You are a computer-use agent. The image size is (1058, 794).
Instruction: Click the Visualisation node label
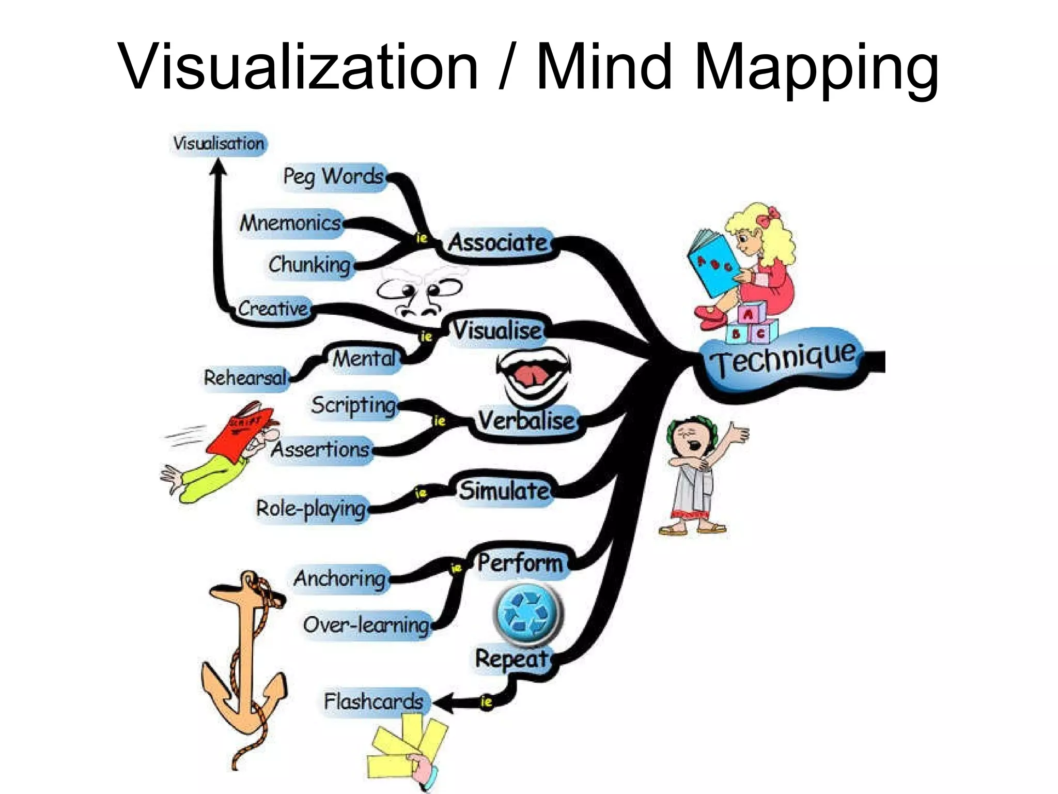tap(219, 143)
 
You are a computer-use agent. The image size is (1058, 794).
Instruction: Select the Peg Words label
tap(334, 176)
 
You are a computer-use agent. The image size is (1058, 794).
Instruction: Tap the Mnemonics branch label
tap(291, 223)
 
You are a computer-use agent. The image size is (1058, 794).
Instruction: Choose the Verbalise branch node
tap(526, 420)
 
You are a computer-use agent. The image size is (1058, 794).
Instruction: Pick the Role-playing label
tap(311, 508)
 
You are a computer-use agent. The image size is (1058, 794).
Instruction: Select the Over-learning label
tap(366, 625)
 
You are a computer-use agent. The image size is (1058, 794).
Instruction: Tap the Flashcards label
tap(374, 701)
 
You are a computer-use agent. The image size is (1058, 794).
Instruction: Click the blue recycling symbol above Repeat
tap(528, 613)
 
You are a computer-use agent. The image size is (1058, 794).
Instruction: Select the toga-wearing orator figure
tap(695, 476)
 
